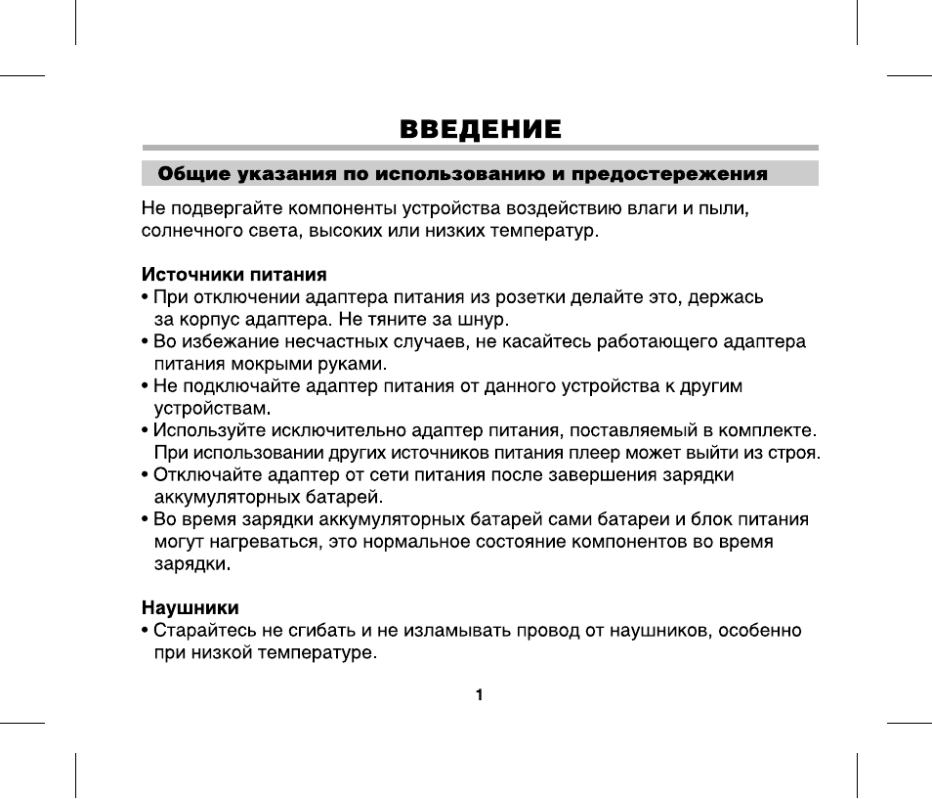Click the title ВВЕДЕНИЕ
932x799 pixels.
coord(480,129)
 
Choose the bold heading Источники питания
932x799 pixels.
coord(233,273)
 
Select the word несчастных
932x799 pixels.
coord(339,341)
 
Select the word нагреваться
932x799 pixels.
coord(257,542)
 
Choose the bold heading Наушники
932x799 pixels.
coord(191,607)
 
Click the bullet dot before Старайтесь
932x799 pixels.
coord(146,631)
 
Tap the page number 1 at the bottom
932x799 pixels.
coord(480,695)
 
